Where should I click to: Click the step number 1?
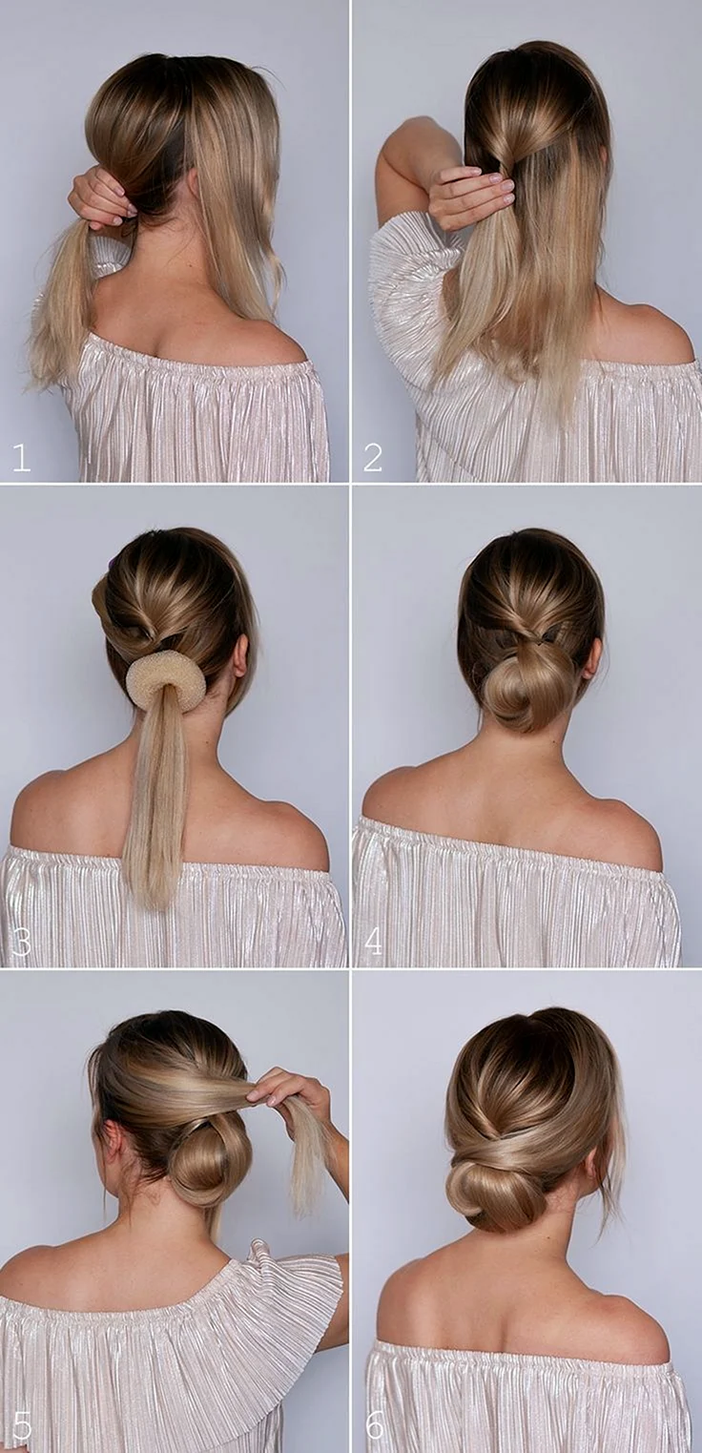pyautogui.click(x=21, y=457)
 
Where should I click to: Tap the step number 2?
pyautogui.click(x=372, y=457)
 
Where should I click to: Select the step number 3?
pyautogui.click(x=21, y=942)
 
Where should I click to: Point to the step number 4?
pyautogui.click(x=373, y=942)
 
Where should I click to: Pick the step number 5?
pyautogui.click(x=21, y=1426)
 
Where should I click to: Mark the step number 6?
pyautogui.click(x=375, y=1426)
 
